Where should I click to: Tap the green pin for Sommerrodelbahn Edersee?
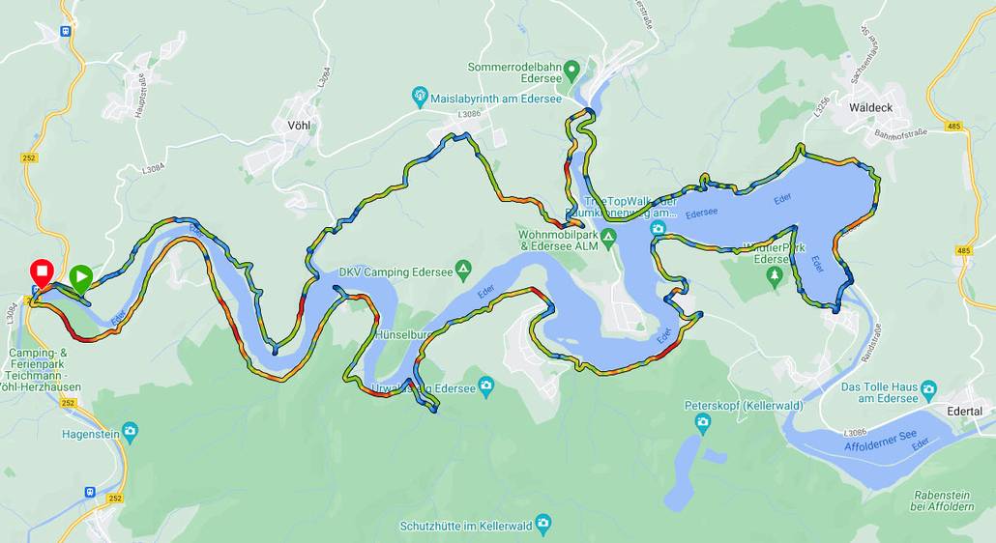571,69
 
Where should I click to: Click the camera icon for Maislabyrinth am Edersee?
420,97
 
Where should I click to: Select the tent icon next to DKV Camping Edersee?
463,269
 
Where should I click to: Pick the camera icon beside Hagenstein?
130,431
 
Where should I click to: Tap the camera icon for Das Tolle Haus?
928,390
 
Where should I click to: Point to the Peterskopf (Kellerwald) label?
743,406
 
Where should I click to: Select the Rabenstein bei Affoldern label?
943,500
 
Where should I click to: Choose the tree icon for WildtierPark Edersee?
774,275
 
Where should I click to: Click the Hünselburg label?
402,335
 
